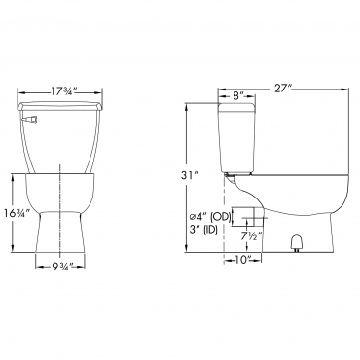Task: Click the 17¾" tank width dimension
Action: [63, 91]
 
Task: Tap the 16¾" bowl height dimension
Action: [18, 213]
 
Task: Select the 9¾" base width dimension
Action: [62, 267]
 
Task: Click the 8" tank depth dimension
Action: [238, 95]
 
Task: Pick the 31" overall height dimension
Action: [190, 175]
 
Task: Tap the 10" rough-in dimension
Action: [243, 260]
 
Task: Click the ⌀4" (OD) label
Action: [210, 216]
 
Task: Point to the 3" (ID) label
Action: [204, 230]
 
